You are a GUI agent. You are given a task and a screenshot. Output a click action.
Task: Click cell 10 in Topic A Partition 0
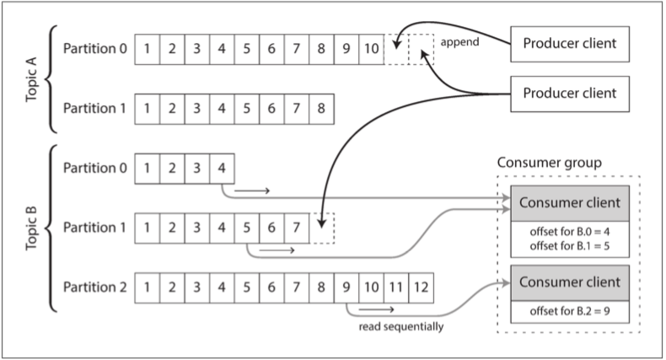tap(371, 48)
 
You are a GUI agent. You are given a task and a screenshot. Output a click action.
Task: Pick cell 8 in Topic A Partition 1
tap(321, 108)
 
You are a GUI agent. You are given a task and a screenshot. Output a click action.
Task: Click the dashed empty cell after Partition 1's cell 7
tap(322, 228)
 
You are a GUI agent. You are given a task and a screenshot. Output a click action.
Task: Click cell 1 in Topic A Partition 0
tap(148, 48)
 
